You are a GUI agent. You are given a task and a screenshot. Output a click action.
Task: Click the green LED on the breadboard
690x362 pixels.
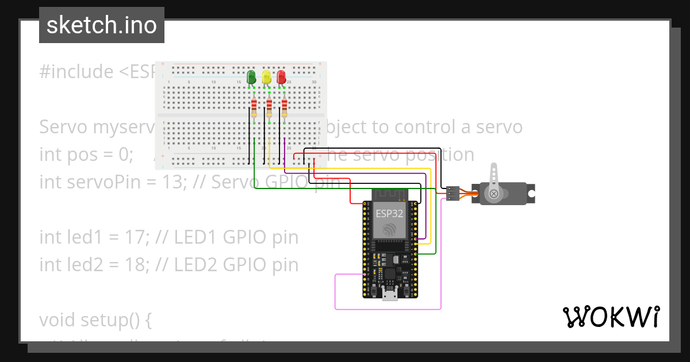click(x=251, y=77)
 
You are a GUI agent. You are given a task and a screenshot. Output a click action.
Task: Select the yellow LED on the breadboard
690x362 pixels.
click(x=266, y=77)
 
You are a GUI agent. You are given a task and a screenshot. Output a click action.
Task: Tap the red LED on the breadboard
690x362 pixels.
click(x=281, y=77)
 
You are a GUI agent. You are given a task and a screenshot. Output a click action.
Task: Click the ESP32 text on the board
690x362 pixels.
click(x=389, y=213)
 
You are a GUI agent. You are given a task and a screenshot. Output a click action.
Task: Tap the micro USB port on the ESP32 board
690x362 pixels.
click(x=390, y=295)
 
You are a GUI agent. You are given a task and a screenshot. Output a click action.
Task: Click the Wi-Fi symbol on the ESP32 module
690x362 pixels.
click(x=390, y=230)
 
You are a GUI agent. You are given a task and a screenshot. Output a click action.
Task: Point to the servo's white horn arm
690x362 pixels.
click(x=493, y=175)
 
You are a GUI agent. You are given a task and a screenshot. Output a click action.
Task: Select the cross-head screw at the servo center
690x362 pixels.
click(x=493, y=194)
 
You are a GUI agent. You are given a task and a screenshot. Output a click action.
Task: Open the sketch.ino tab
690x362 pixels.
click(x=102, y=25)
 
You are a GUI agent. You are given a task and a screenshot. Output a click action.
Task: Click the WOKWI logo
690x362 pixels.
click(x=611, y=317)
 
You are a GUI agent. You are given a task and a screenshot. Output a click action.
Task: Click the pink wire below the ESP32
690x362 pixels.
click(x=388, y=309)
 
